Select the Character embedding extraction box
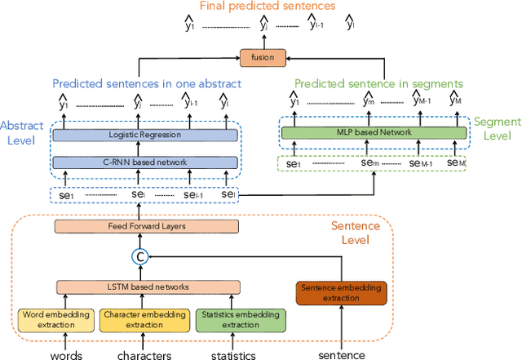coord(144,319)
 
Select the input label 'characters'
coord(144,354)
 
